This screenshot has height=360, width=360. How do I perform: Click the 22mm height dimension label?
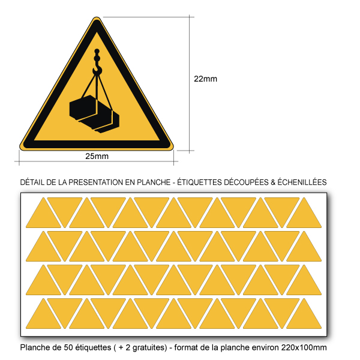click(205, 79)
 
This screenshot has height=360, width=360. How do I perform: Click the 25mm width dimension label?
click(97, 156)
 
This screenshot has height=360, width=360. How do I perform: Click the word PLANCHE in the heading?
click(154, 182)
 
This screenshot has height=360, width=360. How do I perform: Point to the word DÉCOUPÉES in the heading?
click(245, 182)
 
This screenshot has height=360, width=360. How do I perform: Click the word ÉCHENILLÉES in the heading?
click(302, 182)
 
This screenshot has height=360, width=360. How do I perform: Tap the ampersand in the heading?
click(273, 182)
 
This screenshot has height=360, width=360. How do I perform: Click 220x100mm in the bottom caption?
click(304, 347)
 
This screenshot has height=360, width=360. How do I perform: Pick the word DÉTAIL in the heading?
click(32, 182)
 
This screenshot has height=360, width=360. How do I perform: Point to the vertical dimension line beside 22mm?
click(190, 84)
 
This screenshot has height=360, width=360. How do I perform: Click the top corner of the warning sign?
click(97, 17)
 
